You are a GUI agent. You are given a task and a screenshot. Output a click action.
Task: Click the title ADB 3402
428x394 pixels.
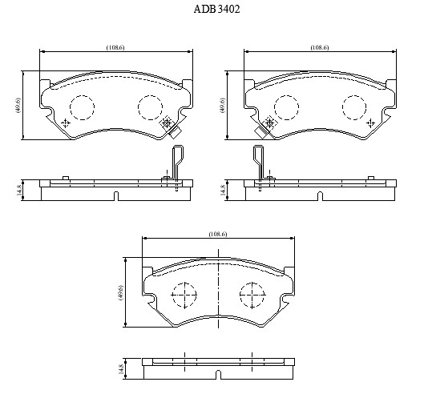(216, 10)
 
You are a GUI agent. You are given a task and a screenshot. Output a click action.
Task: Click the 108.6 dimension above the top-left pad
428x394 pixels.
(115, 47)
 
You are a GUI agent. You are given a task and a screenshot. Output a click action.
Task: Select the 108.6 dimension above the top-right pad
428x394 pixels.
(320, 47)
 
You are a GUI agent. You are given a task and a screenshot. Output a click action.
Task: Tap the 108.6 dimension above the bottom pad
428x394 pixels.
(218, 234)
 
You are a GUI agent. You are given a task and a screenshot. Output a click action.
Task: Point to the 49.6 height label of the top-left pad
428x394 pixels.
(18, 105)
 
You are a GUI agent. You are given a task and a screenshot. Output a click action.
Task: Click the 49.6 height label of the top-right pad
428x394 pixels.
(222, 105)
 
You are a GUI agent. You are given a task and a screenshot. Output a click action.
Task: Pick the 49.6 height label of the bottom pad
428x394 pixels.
(120, 292)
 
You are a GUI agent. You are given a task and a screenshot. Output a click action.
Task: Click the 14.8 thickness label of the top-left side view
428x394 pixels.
(18, 190)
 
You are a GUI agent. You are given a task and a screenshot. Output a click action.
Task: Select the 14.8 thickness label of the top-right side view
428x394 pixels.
(223, 190)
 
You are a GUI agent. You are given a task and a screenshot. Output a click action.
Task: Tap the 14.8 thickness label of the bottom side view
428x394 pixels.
(121, 368)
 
